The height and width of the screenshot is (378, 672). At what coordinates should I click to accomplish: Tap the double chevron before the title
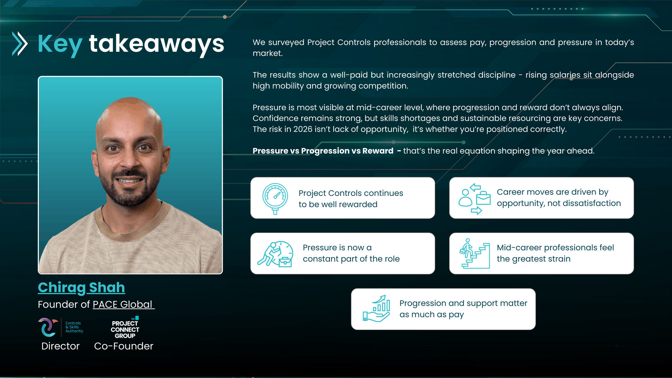tap(20, 44)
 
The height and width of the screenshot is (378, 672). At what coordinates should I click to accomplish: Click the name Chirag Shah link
tap(81, 288)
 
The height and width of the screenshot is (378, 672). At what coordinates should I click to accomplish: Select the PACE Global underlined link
tap(123, 304)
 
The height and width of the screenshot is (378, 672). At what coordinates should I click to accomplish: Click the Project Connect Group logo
tap(125, 328)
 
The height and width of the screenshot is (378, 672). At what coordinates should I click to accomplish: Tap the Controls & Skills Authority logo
tap(61, 327)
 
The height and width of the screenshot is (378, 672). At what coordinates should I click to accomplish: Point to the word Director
tap(61, 346)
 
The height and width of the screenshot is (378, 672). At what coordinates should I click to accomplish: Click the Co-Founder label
tap(124, 346)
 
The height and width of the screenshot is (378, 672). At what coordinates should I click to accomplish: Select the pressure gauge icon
tap(275, 198)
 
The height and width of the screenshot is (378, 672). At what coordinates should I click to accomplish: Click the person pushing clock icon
tap(275, 254)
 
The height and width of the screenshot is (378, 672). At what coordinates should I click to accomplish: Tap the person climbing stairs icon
tap(474, 254)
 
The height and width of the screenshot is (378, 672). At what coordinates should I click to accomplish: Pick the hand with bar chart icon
tap(377, 308)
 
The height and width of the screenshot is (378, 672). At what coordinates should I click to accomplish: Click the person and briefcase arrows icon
tap(475, 199)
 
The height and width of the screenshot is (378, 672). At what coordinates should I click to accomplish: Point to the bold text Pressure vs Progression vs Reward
tap(323, 151)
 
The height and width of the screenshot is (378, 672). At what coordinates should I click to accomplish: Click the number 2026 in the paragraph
tap(303, 129)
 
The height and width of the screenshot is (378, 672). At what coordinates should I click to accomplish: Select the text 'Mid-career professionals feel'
tap(555, 248)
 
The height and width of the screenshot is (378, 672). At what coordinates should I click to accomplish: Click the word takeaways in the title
tap(156, 44)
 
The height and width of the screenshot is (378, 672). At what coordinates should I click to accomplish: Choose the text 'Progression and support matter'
tap(463, 303)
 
